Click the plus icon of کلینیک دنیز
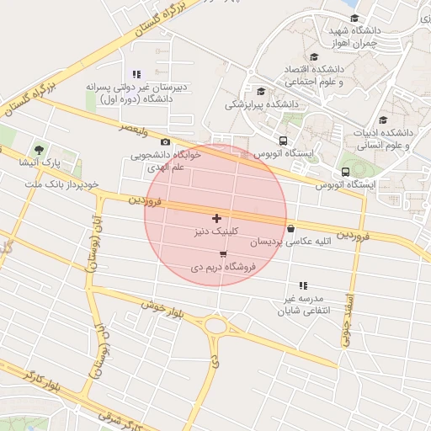click(216, 218)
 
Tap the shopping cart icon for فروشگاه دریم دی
click(222, 253)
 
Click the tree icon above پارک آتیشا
click(39, 148)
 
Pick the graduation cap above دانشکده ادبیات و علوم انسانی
click(384, 120)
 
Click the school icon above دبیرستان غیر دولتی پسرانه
click(137, 74)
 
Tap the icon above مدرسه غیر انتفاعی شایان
click(303, 286)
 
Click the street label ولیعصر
click(135, 130)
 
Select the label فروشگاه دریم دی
click(222, 267)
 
